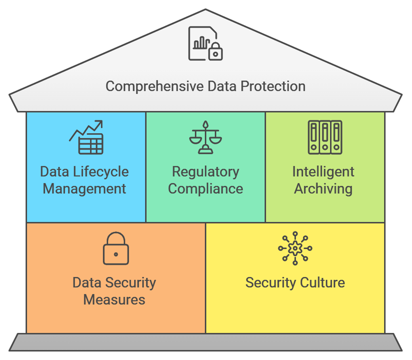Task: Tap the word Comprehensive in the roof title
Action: tap(155, 86)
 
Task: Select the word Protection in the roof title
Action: tap(273, 86)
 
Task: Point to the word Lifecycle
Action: tap(101, 172)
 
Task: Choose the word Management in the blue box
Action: tap(84, 188)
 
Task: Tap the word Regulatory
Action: tap(205, 172)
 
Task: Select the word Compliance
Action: tap(205, 188)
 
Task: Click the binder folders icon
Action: tap(325, 137)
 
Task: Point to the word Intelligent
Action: tap(323, 172)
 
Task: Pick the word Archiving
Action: tap(323, 188)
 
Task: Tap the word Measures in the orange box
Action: tap(114, 300)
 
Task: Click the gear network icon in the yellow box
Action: tap(295, 249)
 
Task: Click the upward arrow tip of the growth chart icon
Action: tap(100, 123)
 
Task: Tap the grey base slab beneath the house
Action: tap(206, 342)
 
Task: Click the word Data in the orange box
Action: tap(87, 282)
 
